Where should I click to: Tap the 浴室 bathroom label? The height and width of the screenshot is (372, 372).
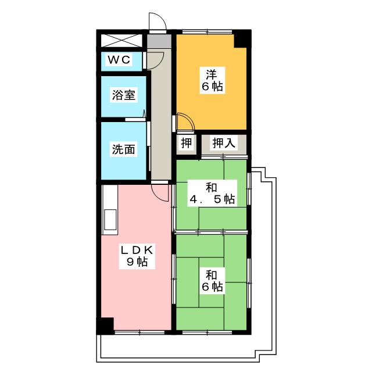123,95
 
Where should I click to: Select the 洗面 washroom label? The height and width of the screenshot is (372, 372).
123,149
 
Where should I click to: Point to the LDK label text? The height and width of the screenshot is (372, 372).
137,250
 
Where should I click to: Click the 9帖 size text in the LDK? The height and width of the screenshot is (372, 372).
137,262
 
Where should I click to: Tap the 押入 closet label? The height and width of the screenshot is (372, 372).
223,144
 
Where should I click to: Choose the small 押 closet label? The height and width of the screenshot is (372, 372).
185,144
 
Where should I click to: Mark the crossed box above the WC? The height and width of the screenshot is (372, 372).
121,41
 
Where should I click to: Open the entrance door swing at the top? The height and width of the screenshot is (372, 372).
157,22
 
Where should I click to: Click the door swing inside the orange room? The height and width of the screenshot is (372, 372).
185,123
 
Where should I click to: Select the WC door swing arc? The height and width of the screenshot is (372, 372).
155,60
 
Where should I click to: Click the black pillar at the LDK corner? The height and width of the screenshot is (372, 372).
105,325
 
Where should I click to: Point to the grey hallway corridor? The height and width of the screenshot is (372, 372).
158,116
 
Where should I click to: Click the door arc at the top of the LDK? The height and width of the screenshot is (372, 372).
160,192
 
